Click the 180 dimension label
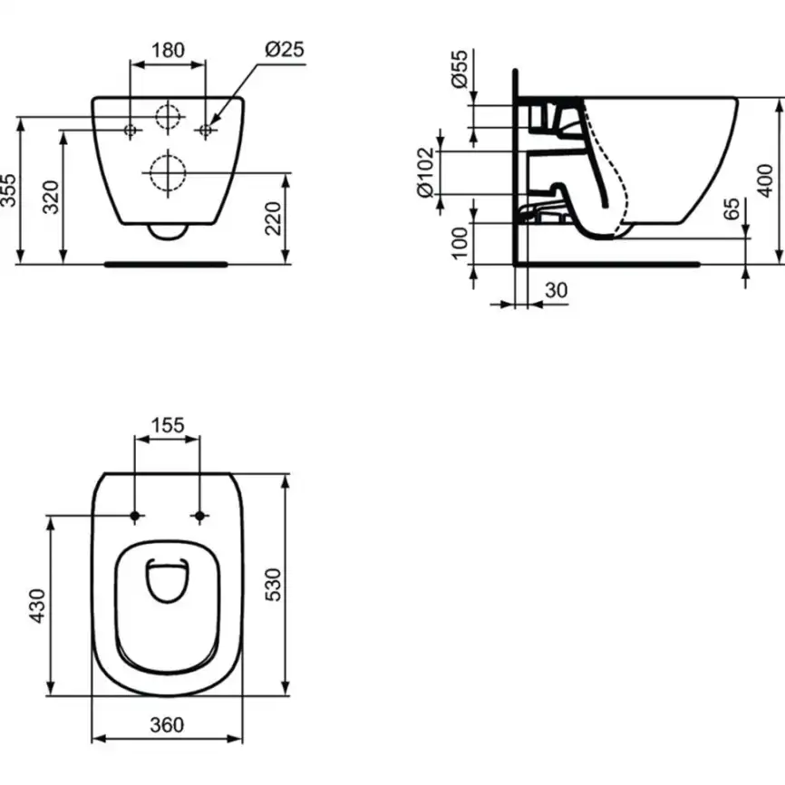[x=169, y=49]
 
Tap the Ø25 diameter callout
[x=284, y=49]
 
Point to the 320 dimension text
[x=52, y=197]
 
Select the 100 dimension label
[x=460, y=243]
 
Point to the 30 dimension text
[x=555, y=290]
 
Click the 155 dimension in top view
[x=168, y=424]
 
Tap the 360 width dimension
[x=167, y=725]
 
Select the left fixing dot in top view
[x=135, y=516]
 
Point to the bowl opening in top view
[x=168, y=580]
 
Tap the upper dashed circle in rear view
[x=168, y=117]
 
